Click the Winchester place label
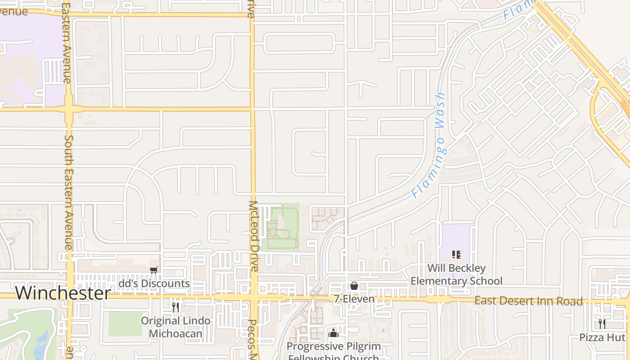tap(63, 293)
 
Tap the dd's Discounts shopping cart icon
tap(154, 270)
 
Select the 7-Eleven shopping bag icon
tap(354, 286)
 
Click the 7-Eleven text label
tap(354, 299)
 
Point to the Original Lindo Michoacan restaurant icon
tap(175, 307)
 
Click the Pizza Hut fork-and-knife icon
tap(602, 324)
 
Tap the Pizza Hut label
tap(602, 337)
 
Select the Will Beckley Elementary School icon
tap(456, 255)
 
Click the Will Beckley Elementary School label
tap(456, 274)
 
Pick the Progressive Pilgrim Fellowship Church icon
tap(333, 333)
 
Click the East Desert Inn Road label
tap(529, 301)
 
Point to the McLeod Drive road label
tap(253, 236)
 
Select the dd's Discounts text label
tap(154, 284)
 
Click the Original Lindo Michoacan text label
tap(175, 327)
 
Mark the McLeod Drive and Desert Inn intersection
tap(254, 297)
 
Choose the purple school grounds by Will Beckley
tap(456, 238)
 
